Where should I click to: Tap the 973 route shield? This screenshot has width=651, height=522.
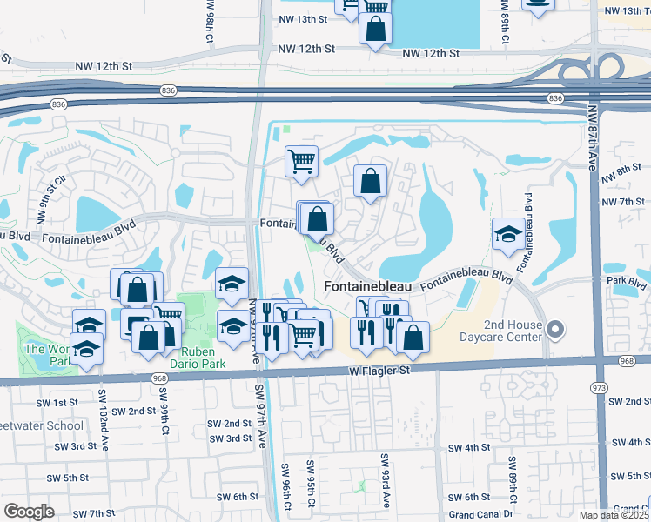coord(598,385)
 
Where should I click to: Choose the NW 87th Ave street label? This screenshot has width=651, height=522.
coord(593,140)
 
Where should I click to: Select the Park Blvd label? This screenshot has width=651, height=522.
coord(628,282)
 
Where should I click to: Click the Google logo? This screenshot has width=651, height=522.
coord(28,512)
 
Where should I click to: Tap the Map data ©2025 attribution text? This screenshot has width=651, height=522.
coord(614,516)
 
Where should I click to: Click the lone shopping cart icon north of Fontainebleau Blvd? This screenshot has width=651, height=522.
coord(301,160)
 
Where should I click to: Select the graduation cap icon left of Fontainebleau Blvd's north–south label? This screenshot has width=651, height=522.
coord(508,233)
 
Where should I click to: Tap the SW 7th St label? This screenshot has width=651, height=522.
coord(94,514)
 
